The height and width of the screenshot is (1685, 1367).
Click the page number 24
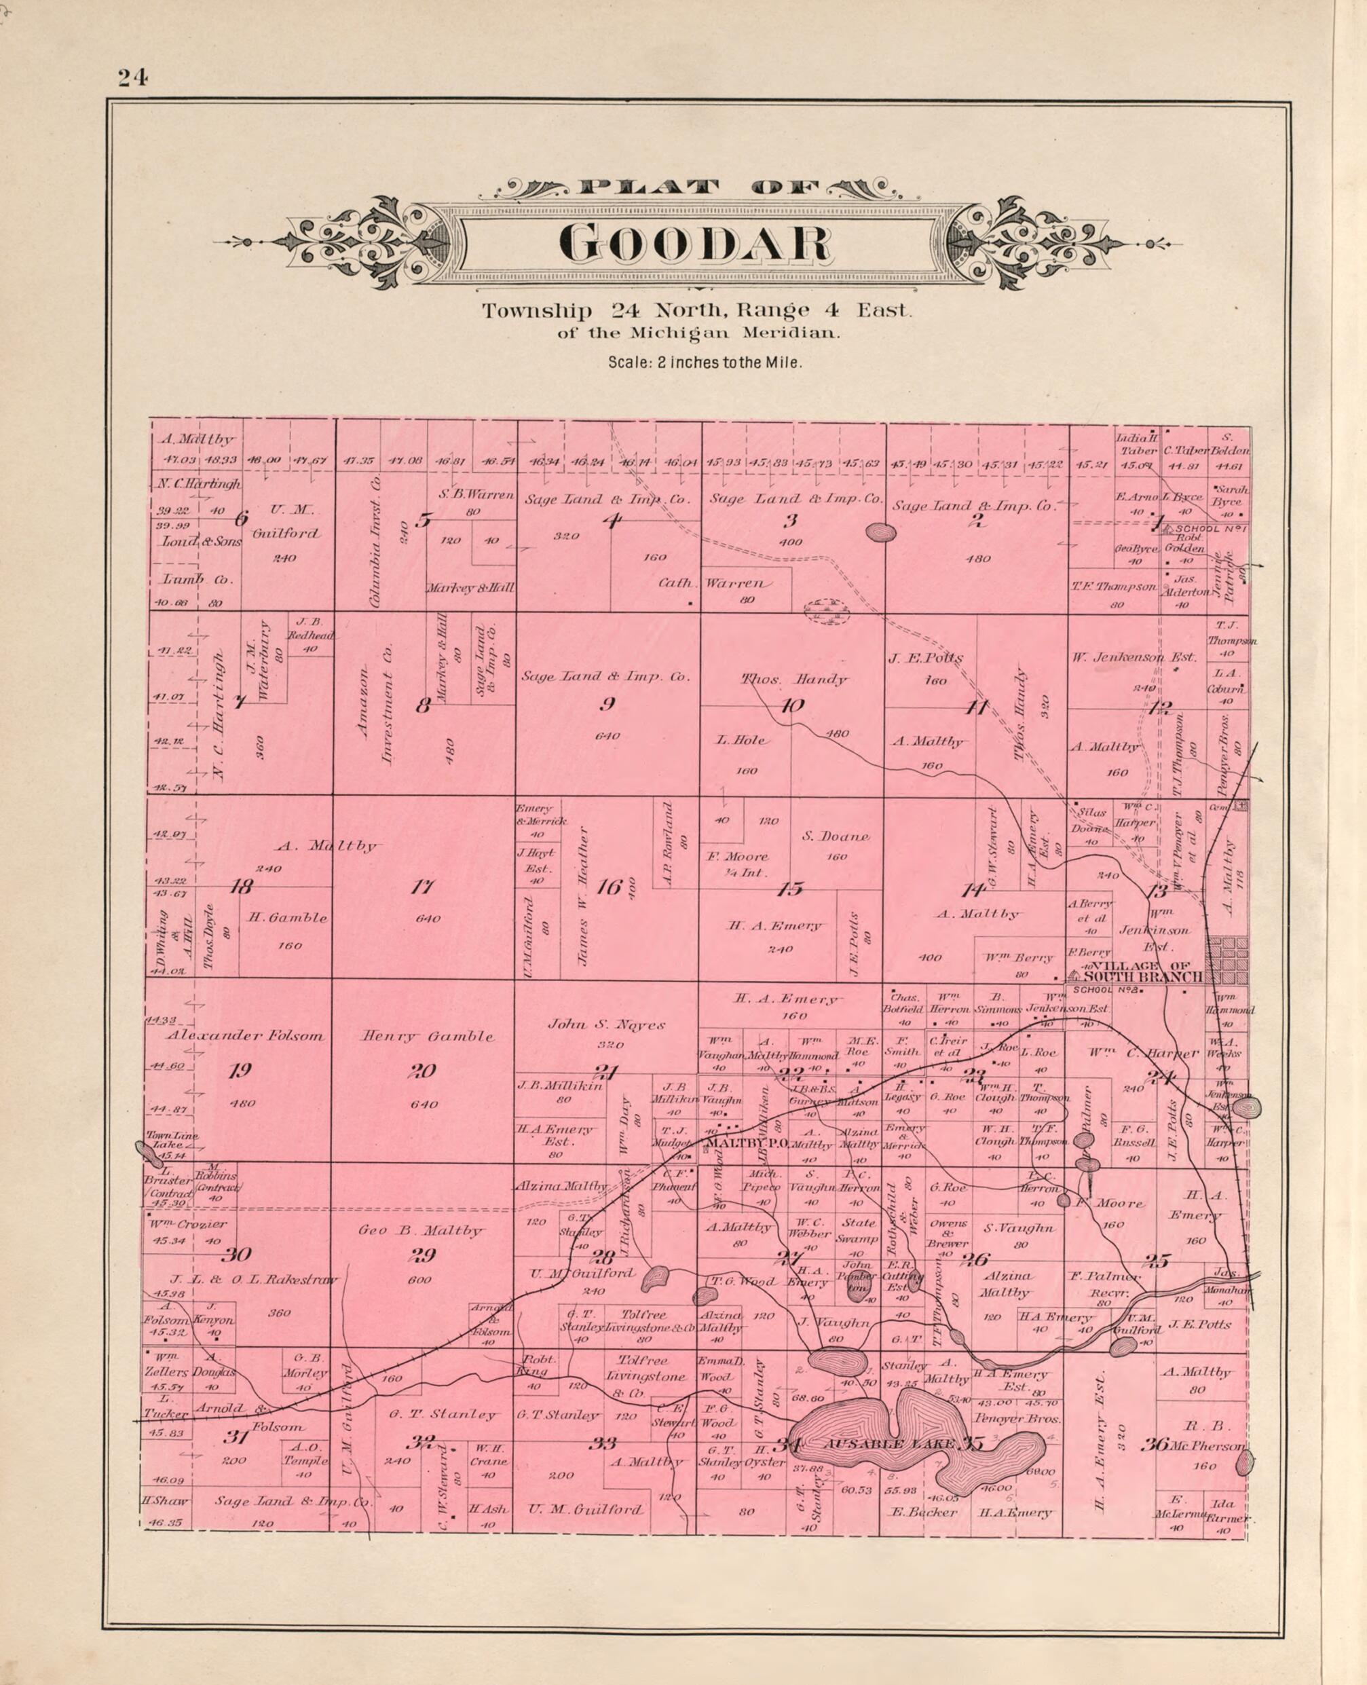133,77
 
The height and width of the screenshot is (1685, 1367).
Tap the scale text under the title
705,363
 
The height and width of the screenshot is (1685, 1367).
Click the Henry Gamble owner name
428,1036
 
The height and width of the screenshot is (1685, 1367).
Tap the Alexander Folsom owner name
245,1036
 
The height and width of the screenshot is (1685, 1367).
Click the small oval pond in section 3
880,533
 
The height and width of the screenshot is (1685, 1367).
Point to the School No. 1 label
1210,528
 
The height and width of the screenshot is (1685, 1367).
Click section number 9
607,704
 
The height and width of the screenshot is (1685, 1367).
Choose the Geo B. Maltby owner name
422,1230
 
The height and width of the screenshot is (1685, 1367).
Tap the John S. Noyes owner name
607,1024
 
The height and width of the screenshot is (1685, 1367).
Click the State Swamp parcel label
859,1228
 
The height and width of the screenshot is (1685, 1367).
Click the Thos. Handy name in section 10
795,679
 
